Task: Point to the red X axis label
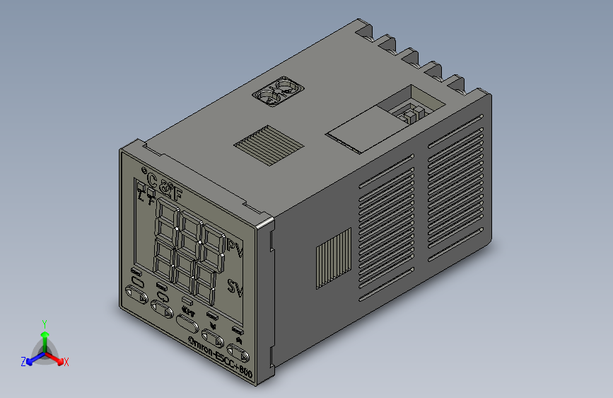point(66,363)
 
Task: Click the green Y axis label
point(44,323)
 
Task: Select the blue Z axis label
point(23,362)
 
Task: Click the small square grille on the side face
point(332,259)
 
